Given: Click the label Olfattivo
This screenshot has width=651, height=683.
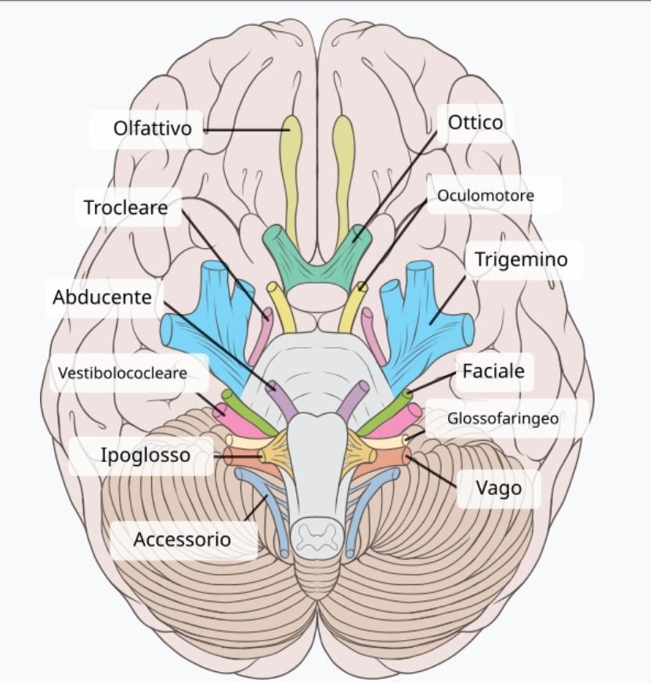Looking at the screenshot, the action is (153, 128).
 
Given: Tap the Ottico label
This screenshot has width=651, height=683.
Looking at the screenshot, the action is (476, 122).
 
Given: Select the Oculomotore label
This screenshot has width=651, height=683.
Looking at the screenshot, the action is (486, 195).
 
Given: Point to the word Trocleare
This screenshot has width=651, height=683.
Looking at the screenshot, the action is (126, 208).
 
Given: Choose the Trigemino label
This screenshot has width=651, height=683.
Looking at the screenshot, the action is (521, 259).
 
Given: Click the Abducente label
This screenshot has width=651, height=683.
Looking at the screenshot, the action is (102, 297).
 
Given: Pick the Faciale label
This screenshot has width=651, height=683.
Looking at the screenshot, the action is (494, 371).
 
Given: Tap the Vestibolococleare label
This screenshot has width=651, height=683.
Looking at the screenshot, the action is (122, 373).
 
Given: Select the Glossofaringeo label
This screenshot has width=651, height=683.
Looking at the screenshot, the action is (503, 418).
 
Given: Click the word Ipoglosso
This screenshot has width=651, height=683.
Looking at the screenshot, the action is (146, 455).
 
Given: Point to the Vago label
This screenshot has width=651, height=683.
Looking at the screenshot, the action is (498, 488).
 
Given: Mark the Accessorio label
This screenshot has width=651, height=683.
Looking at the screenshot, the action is (183, 539).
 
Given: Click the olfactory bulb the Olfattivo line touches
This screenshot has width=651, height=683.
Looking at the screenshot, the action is (290, 165).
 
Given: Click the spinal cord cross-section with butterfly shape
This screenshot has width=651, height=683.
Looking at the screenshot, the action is (316, 536).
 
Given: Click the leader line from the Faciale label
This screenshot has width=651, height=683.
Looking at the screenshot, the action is (432, 383).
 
